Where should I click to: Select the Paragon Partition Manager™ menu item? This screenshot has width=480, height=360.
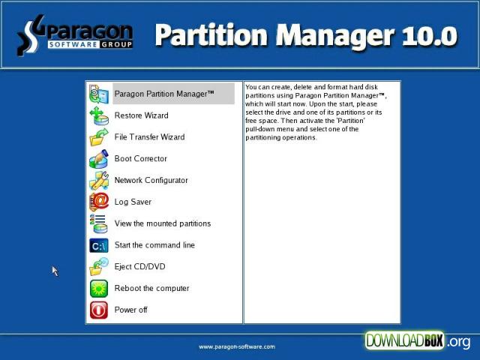(x=164, y=94)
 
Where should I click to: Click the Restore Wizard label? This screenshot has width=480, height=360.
(x=142, y=115)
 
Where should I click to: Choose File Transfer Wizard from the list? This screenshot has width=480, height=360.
(x=150, y=136)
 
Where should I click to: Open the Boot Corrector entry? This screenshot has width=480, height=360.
(x=141, y=158)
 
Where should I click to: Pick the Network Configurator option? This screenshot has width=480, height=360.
(x=151, y=180)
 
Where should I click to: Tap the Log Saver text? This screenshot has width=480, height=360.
(x=133, y=202)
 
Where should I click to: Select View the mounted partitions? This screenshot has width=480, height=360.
(x=163, y=223)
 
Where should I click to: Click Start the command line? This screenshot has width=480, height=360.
(x=154, y=245)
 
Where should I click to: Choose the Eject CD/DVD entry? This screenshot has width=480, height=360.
(x=140, y=267)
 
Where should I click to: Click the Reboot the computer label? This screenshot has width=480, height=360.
(x=151, y=288)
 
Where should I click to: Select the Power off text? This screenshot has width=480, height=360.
(x=130, y=310)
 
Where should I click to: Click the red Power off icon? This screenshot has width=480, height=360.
(x=99, y=310)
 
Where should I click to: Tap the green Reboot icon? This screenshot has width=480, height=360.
(x=99, y=289)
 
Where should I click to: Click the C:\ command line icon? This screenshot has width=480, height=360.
(x=99, y=245)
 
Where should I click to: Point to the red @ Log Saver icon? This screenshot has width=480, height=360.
(x=99, y=202)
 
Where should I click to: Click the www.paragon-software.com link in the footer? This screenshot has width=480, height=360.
(x=237, y=346)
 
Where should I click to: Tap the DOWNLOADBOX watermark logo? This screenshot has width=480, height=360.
(x=418, y=340)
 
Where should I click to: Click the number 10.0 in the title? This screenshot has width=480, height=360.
(x=429, y=36)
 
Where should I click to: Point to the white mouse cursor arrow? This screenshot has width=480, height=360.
(x=55, y=271)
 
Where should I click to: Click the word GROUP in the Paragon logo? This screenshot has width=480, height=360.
(x=116, y=45)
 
